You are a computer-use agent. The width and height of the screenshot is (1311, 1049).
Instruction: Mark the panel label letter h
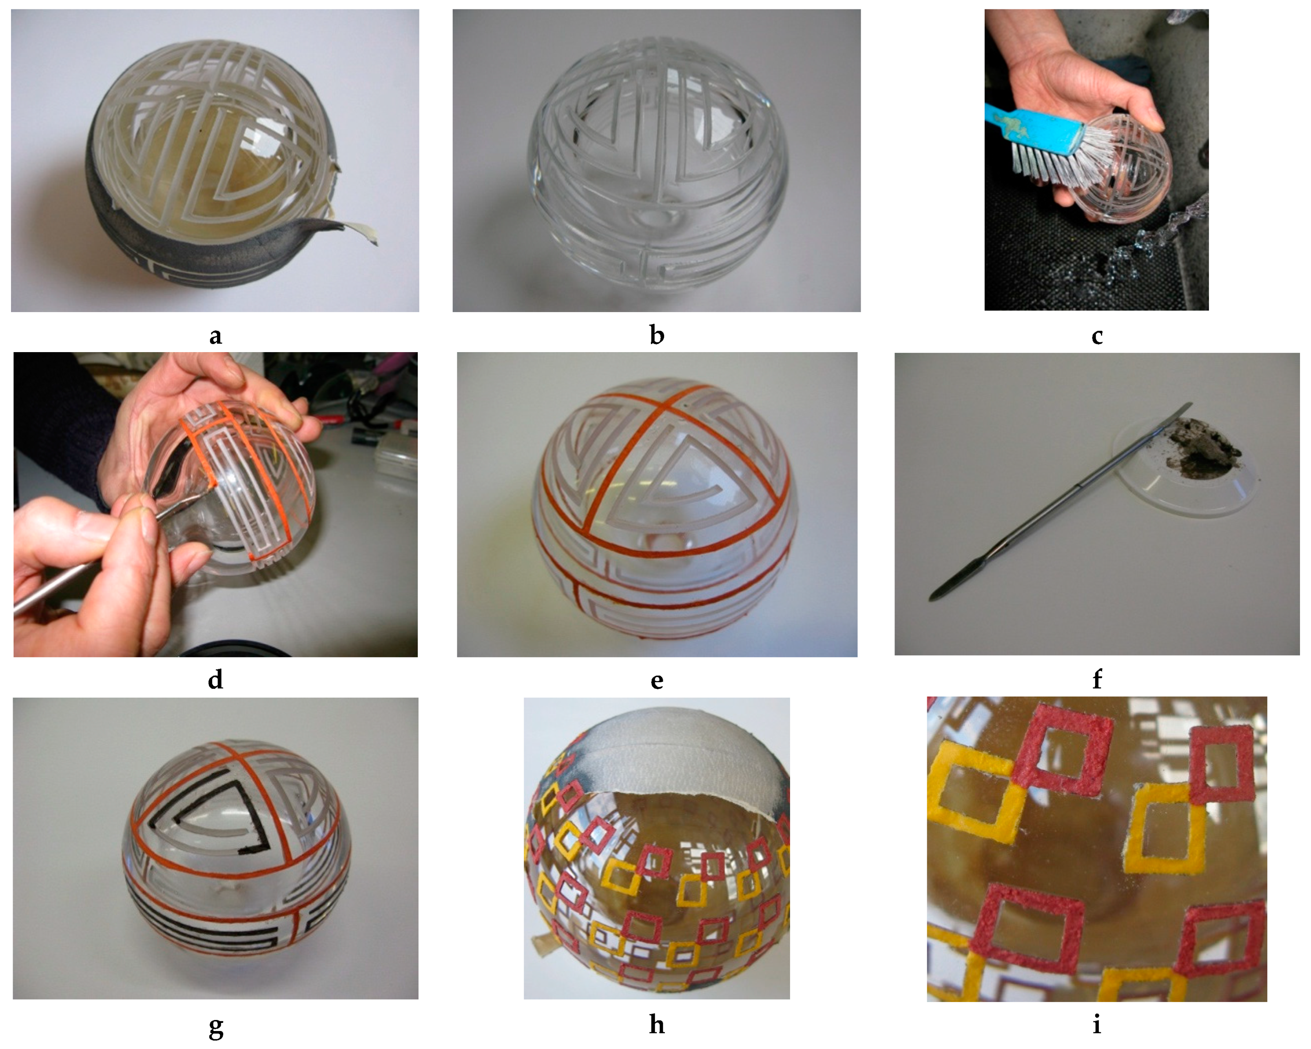pos(657,1025)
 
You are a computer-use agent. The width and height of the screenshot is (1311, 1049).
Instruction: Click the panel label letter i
pos(1097,1025)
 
